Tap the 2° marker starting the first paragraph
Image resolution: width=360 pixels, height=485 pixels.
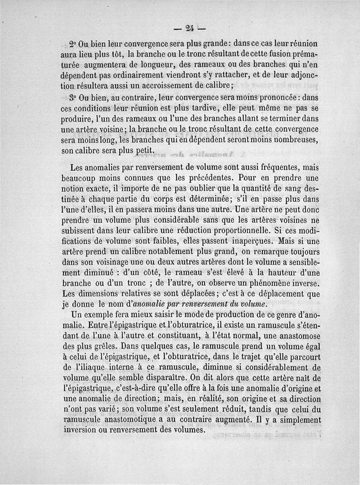tap(73, 45)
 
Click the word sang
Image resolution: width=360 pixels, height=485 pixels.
tap(286, 189)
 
